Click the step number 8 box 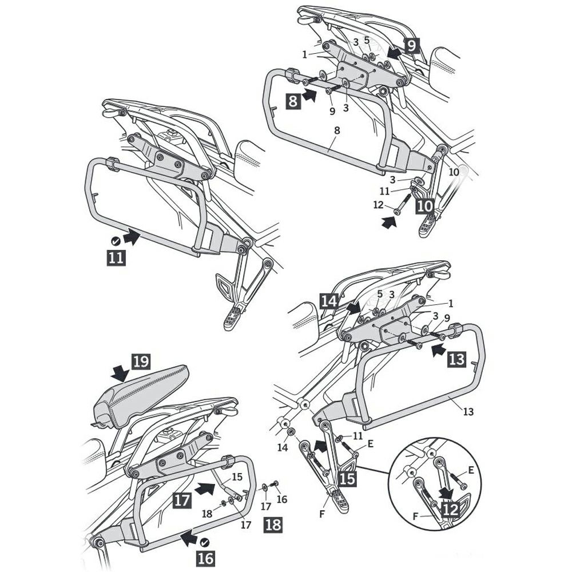click(293, 101)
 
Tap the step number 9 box click(411, 46)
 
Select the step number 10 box click(424, 206)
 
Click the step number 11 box click(116, 258)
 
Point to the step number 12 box click(451, 509)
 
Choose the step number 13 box click(456, 360)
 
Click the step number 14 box click(329, 301)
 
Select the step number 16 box click(206, 558)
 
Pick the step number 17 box click(182, 500)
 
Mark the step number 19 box click(141, 362)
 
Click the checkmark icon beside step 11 click(116, 241)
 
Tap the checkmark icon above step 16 click(205, 542)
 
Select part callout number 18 click(207, 514)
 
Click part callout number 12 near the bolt click(378, 205)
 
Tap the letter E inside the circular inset click(471, 470)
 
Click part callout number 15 click(237, 476)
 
